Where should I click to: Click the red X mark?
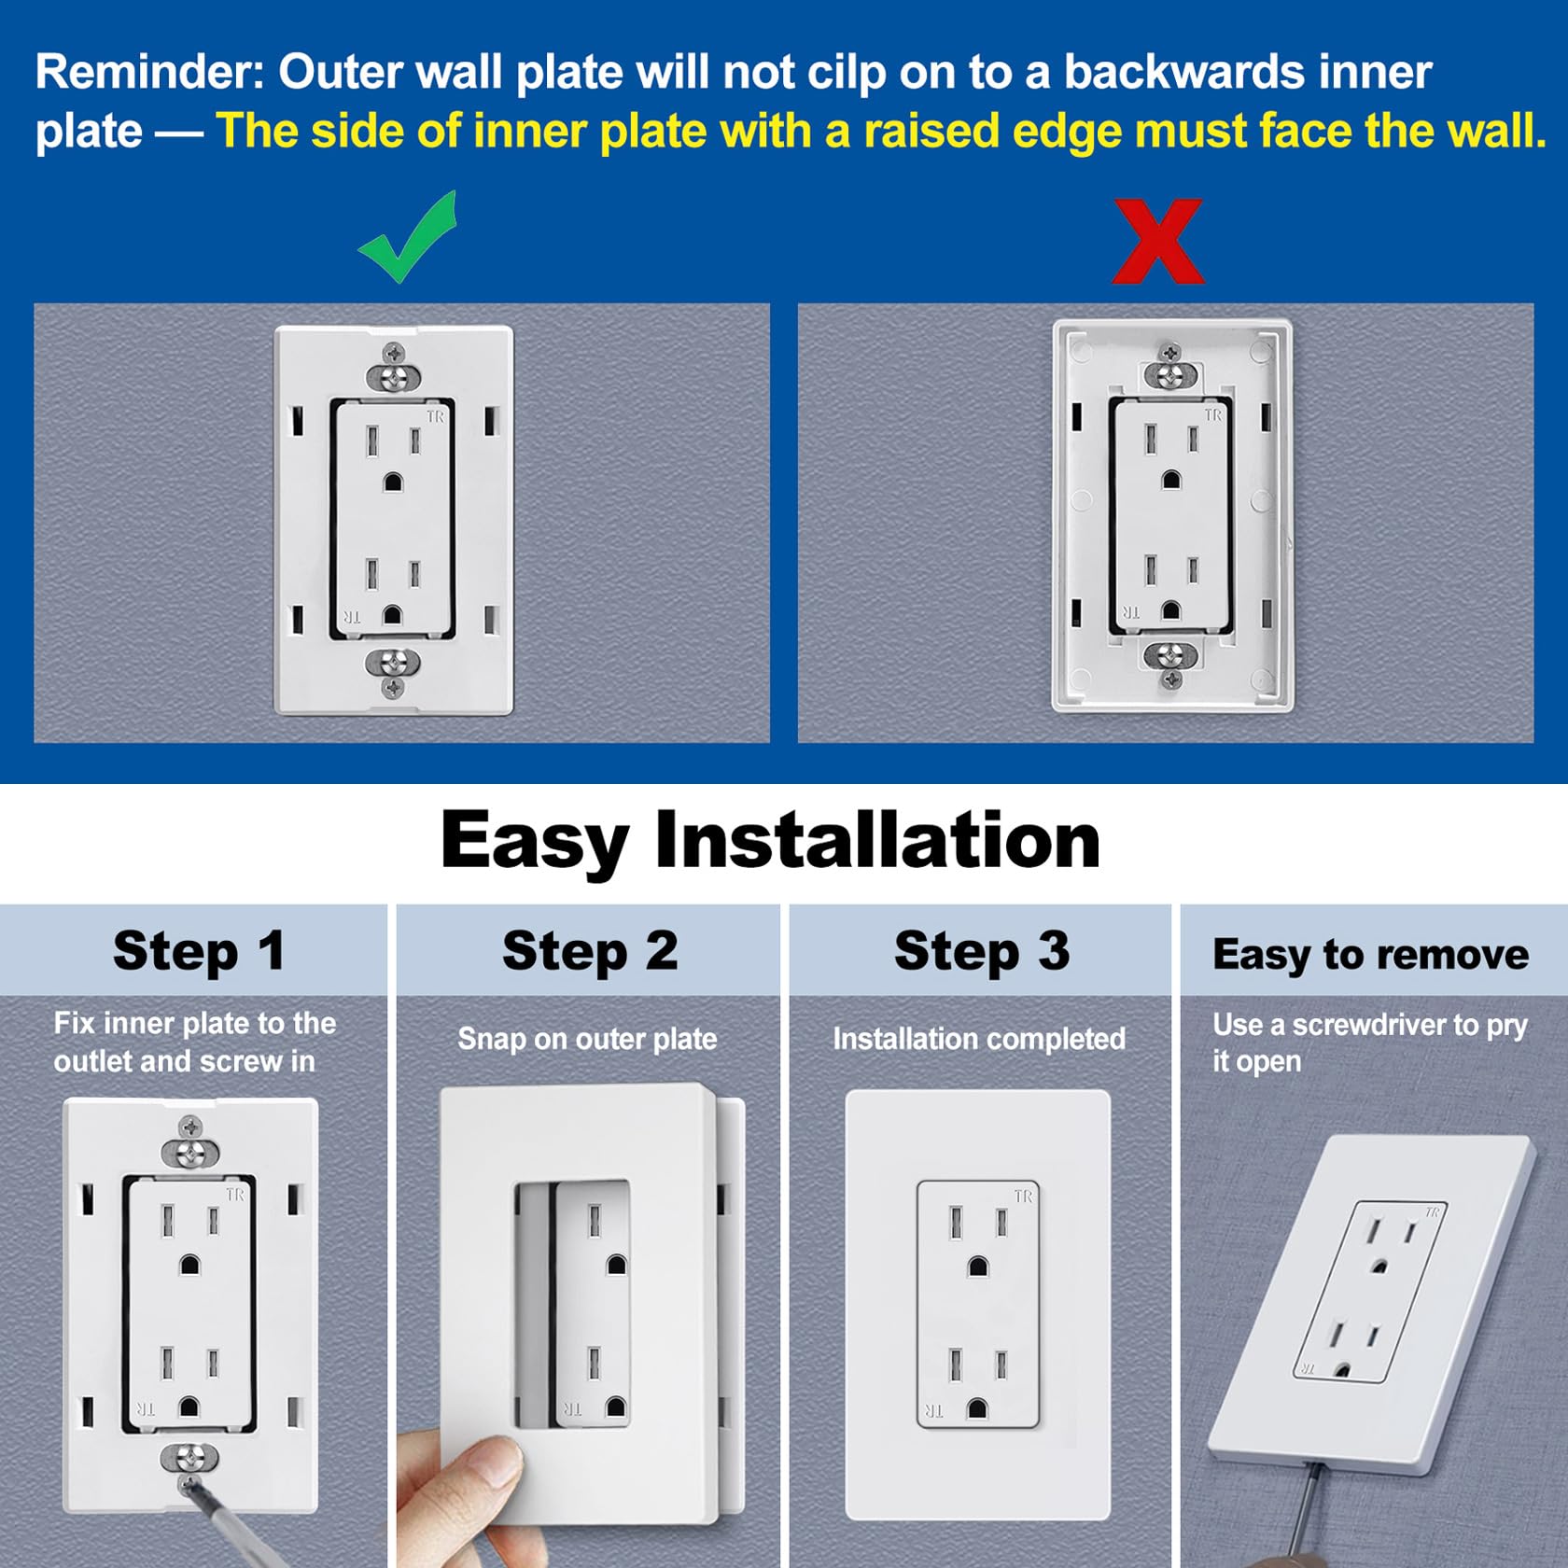coord(1158,241)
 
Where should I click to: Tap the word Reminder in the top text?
coord(150,73)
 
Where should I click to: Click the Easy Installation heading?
coord(770,841)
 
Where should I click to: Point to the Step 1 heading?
coord(199,952)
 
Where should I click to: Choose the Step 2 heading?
coord(590,952)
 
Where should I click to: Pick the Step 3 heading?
coord(982,952)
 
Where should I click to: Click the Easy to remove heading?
coord(1370,955)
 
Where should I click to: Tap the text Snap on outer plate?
coord(587,1039)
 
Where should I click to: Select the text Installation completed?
coord(979,1039)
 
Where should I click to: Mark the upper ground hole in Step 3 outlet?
coord(978,1267)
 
